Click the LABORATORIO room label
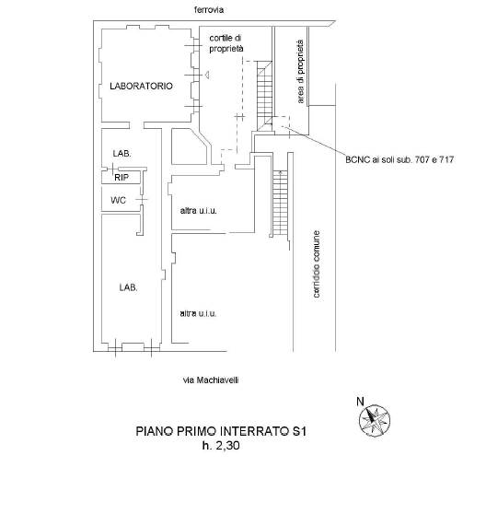point(141,87)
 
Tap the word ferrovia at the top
point(209,10)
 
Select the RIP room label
point(121,178)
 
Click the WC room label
point(118,200)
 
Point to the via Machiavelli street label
point(211,380)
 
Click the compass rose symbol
point(375,420)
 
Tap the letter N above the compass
point(360,402)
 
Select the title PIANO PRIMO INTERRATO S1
point(221,431)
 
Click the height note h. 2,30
point(221,446)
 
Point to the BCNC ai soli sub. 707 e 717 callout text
point(399,160)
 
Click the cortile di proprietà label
point(226,43)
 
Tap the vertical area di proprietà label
point(300,72)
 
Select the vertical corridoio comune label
point(317,264)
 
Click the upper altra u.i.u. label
point(199,211)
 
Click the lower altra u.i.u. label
point(199,314)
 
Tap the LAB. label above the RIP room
point(121,154)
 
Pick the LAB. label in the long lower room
point(128,287)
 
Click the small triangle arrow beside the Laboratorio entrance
point(207,76)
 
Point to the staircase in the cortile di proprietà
point(264,96)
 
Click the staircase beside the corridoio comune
point(280,203)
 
